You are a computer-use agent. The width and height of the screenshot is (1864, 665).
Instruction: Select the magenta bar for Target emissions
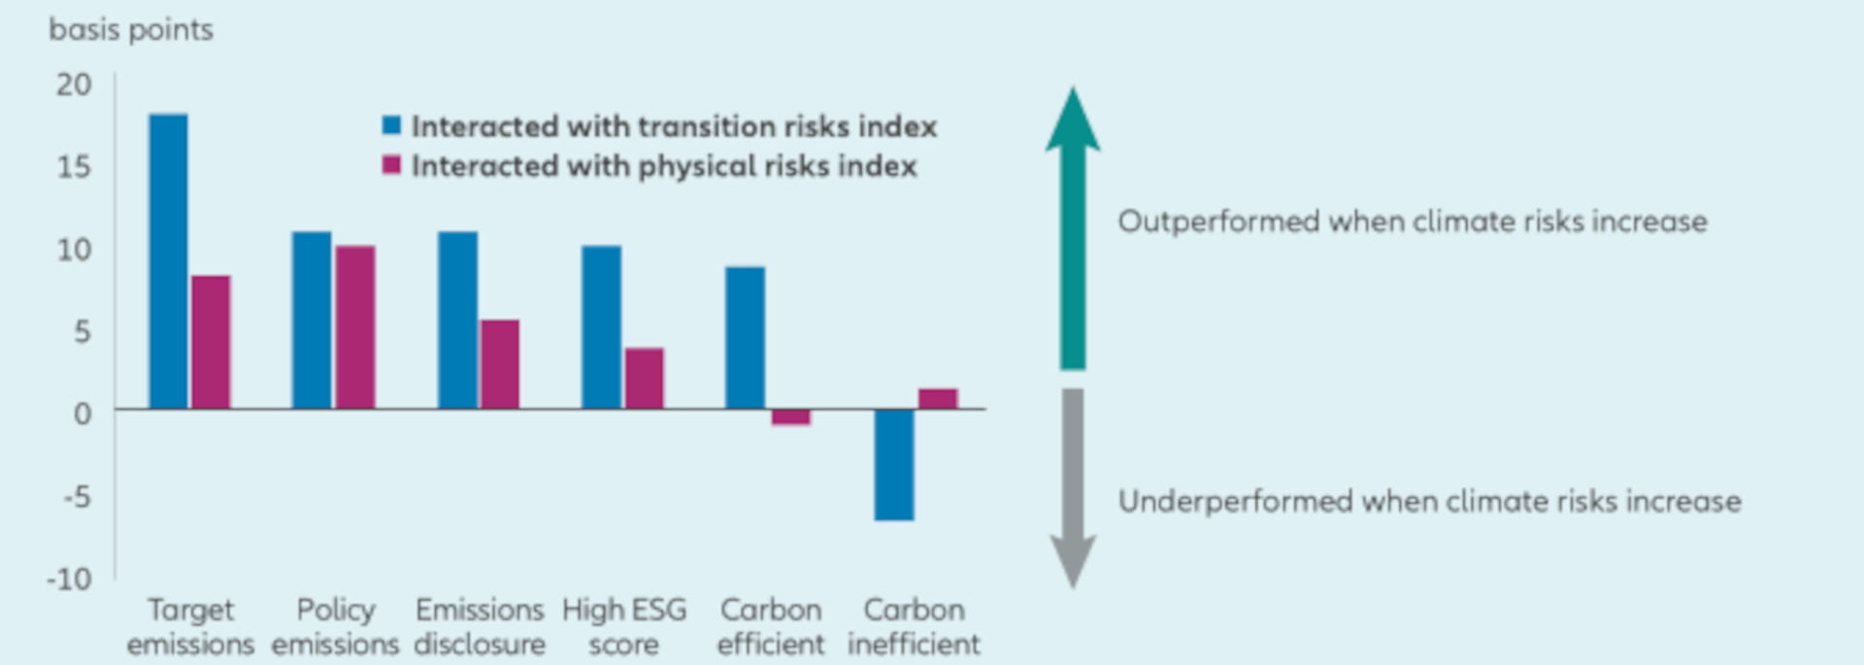pos(211,342)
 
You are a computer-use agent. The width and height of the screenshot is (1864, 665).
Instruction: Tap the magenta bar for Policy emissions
pos(355,327)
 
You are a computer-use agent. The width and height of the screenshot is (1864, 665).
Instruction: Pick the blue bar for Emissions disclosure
pos(457,319)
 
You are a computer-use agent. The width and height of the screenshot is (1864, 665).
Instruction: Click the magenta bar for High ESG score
pos(644,379)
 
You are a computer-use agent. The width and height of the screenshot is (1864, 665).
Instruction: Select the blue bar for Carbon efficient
pos(745,337)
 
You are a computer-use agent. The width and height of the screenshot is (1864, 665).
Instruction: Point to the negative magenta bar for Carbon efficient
pos(791,417)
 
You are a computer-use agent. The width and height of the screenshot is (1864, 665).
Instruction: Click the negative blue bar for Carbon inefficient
pos(893,464)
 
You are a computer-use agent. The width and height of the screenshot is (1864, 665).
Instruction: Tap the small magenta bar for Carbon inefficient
pos(938,399)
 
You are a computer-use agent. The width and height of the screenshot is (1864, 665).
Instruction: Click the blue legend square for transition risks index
pos(391,125)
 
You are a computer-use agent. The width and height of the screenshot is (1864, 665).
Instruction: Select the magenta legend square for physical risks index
pos(391,165)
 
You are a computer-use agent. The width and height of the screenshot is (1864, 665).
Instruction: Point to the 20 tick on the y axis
pos(74,84)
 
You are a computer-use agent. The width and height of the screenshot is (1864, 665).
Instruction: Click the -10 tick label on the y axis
pos(70,579)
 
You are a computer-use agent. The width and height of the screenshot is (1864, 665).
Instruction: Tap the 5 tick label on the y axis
pos(82,332)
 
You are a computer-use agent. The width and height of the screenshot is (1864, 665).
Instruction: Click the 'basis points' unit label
pos(130,30)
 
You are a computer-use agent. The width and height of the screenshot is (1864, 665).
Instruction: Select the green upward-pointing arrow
pos(1073,228)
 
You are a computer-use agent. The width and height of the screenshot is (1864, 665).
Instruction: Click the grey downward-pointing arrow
pos(1073,485)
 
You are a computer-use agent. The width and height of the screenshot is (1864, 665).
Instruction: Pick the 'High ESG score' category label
pos(623,626)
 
